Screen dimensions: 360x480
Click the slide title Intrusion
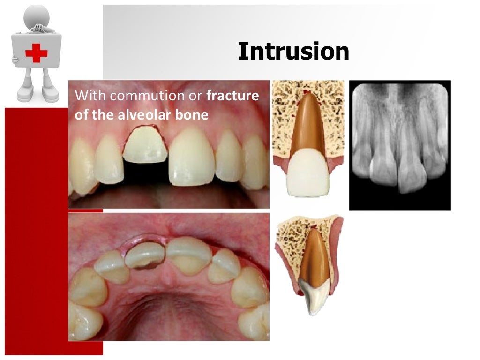click(293, 52)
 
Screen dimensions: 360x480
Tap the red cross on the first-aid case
click(36, 52)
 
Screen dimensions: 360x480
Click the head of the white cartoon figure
click(37, 15)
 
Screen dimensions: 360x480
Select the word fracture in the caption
click(233, 96)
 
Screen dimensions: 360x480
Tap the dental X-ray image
click(400, 145)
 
